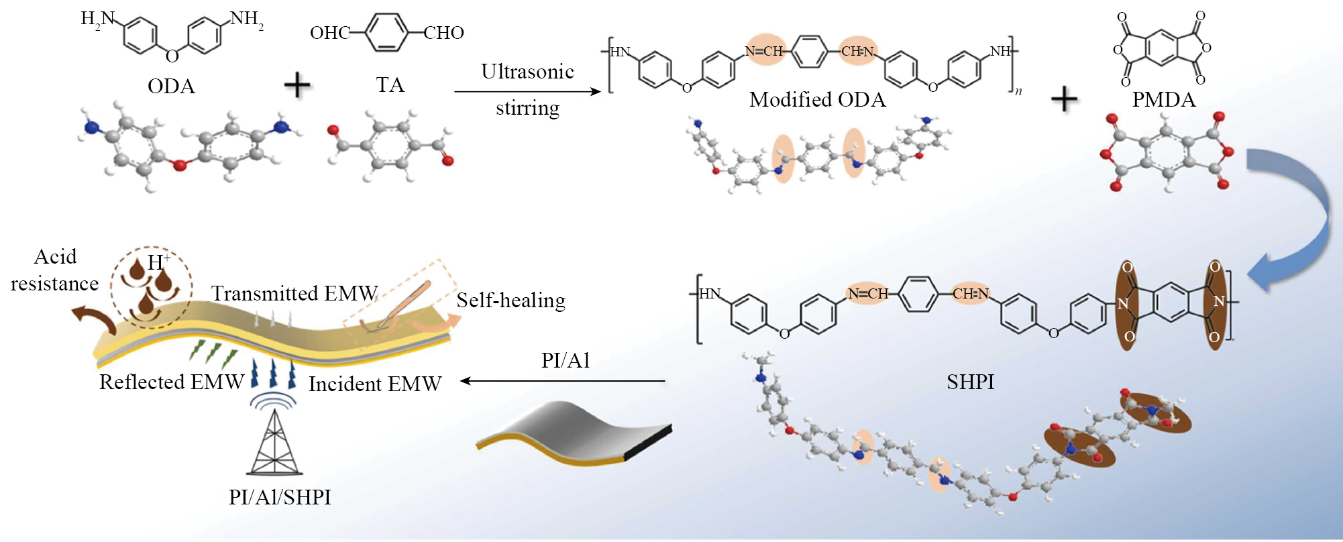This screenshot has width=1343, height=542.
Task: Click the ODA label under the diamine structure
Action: pos(171,87)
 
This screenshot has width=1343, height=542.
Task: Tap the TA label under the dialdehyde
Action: pos(390,85)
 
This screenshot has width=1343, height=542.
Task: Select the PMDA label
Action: pos(1164,100)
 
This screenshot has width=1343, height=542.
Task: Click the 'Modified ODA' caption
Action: pos(817,100)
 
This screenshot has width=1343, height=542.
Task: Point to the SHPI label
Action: pos(970,382)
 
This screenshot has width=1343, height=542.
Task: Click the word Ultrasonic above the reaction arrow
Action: pos(527,72)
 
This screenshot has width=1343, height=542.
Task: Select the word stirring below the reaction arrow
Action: pos(527,108)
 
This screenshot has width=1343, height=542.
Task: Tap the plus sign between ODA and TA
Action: pos(297,86)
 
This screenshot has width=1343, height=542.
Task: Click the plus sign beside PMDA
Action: pos(1064,100)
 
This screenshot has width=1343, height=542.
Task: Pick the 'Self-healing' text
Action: pos(511,301)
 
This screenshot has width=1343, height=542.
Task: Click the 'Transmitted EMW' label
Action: pos(294,294)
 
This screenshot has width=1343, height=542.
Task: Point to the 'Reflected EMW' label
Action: pos(172,382)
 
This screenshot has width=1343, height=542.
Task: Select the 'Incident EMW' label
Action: pos(375,384)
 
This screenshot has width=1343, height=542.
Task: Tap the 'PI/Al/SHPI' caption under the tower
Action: pos(280,497)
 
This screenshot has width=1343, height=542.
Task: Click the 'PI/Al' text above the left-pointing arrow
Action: pos(566,361)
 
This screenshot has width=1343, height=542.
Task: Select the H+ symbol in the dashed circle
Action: pos(158,262)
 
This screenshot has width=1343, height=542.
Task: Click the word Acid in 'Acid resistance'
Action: pos(55,257)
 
